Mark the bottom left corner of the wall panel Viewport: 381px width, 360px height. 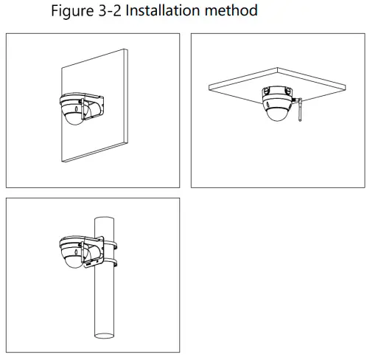(60, 161)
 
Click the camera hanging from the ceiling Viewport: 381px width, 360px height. (277, 103)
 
